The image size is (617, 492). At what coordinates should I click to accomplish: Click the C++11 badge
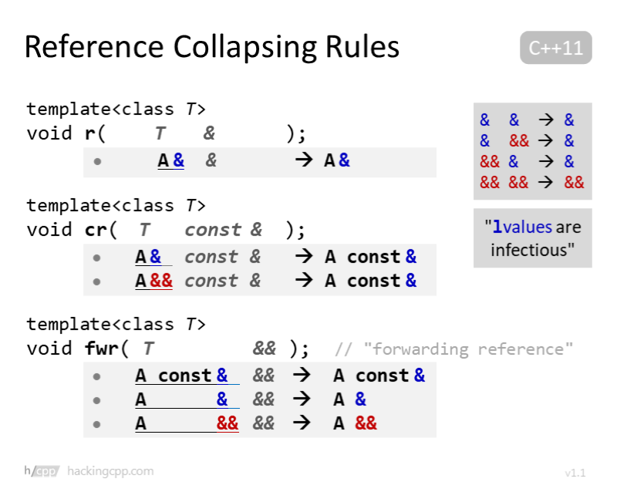click(x=555, y=48)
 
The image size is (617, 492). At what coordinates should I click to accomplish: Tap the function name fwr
click(x=102, y=349)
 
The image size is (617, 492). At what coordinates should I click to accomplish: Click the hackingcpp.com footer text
click(x=110, y=470)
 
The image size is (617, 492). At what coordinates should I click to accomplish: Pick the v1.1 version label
click(x=575, y=473)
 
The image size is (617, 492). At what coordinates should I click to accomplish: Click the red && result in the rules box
click(x=574, y=183)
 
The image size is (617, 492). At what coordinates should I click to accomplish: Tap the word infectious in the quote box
click(x=533, y=249)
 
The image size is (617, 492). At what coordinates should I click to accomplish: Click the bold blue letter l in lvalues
click(x=497, y=227)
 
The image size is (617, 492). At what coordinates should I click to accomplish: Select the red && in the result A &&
click(x=366, y=423)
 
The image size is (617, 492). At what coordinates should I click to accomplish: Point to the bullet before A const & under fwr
click(x=97, y=376)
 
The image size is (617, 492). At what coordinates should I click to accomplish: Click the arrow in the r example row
click(x=303, y=160)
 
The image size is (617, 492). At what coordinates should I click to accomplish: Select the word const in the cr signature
click(x=213, y=230)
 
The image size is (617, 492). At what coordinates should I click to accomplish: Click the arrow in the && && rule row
click(x=547, y=183)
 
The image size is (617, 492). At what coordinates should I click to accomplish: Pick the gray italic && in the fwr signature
click(x=264, y=349)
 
